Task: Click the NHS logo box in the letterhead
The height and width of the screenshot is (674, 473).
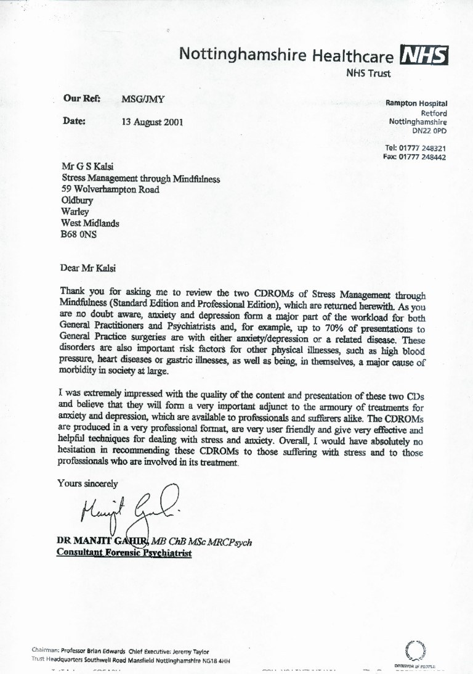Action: click(424, 55)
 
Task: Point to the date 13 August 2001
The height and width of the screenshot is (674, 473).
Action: click(152, 122)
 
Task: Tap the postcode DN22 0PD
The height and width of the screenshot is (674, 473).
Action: click(429, 131)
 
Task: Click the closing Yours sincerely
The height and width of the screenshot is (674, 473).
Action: click(87, 483)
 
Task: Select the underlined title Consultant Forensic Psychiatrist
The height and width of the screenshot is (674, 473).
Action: click(124, 553)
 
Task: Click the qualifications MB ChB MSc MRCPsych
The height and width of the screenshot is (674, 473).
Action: click(203, 541)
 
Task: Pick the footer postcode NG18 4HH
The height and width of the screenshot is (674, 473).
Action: click(217, 660)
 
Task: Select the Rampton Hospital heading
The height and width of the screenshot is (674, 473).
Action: click(416, 104)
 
